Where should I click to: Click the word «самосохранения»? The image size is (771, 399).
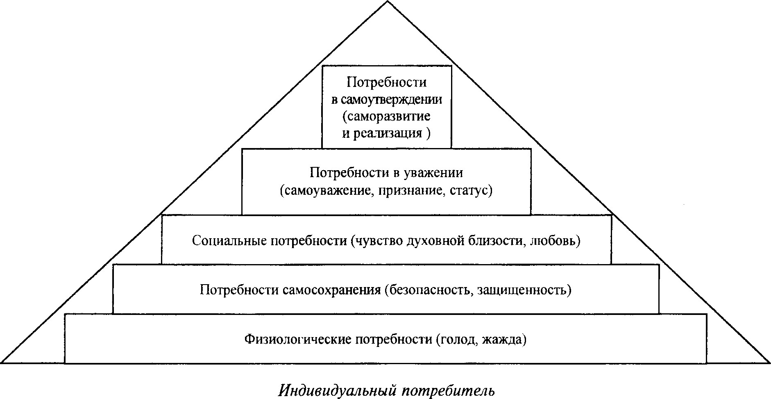pos(332,290)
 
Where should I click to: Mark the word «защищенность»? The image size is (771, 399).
pos(524,290)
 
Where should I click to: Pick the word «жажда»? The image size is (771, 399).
pos(504,340)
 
